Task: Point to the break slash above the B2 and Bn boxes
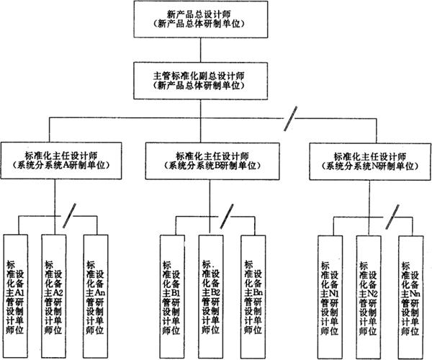227,214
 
